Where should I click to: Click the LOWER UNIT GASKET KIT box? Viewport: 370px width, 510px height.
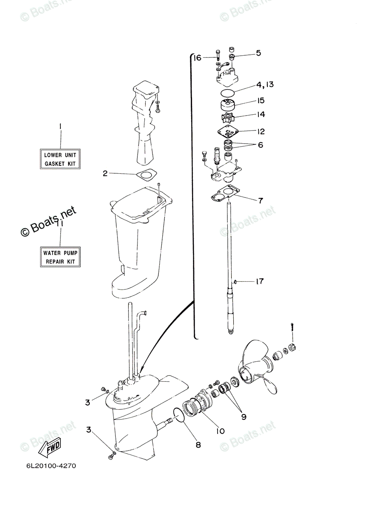tap(60, 159)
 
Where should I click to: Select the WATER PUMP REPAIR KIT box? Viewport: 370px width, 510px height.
tap(60, 257)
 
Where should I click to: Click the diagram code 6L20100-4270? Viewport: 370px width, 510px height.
tap(51, 466)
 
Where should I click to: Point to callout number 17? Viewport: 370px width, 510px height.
tap(259, 281)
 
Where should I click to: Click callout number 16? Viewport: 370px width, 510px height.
tap(196, 58)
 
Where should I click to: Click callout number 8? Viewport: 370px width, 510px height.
tap(198, 445)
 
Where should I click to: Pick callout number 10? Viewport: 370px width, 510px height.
tap(220, 431)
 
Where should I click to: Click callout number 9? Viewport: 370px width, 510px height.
tap(244, 417)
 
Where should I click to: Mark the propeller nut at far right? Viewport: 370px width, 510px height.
tap(292, 348)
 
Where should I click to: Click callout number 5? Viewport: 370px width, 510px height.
tap(258, 53)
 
